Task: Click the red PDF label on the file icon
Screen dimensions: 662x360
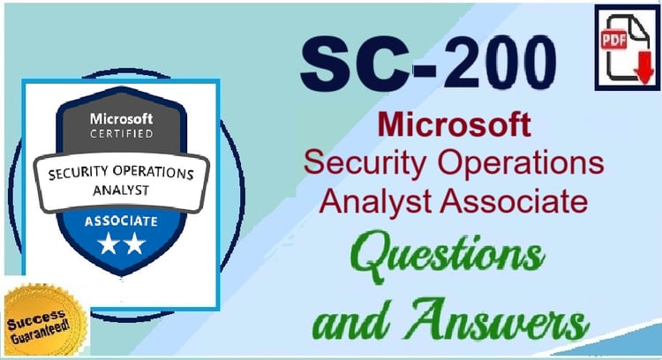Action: (x=613, y=39)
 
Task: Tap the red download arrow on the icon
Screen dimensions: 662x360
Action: (x=644, y=68)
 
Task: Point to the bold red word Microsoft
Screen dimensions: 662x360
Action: (x=455, y=124)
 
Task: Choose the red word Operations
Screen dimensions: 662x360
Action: (x=521, y=163)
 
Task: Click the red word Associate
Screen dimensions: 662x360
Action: (x=514, y=200)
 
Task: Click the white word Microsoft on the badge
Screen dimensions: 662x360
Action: (x=121, y=119)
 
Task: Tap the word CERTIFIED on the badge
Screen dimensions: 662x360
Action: (x=121, y=134)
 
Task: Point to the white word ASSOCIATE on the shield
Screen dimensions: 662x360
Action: (x=121, y=221)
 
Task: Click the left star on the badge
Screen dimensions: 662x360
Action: (x=109, y=244)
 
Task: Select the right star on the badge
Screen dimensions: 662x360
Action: (x=135, y=244)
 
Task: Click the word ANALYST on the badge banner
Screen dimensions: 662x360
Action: (x=121, y=191)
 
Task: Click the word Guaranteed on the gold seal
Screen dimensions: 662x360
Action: (x=40, y=333)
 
